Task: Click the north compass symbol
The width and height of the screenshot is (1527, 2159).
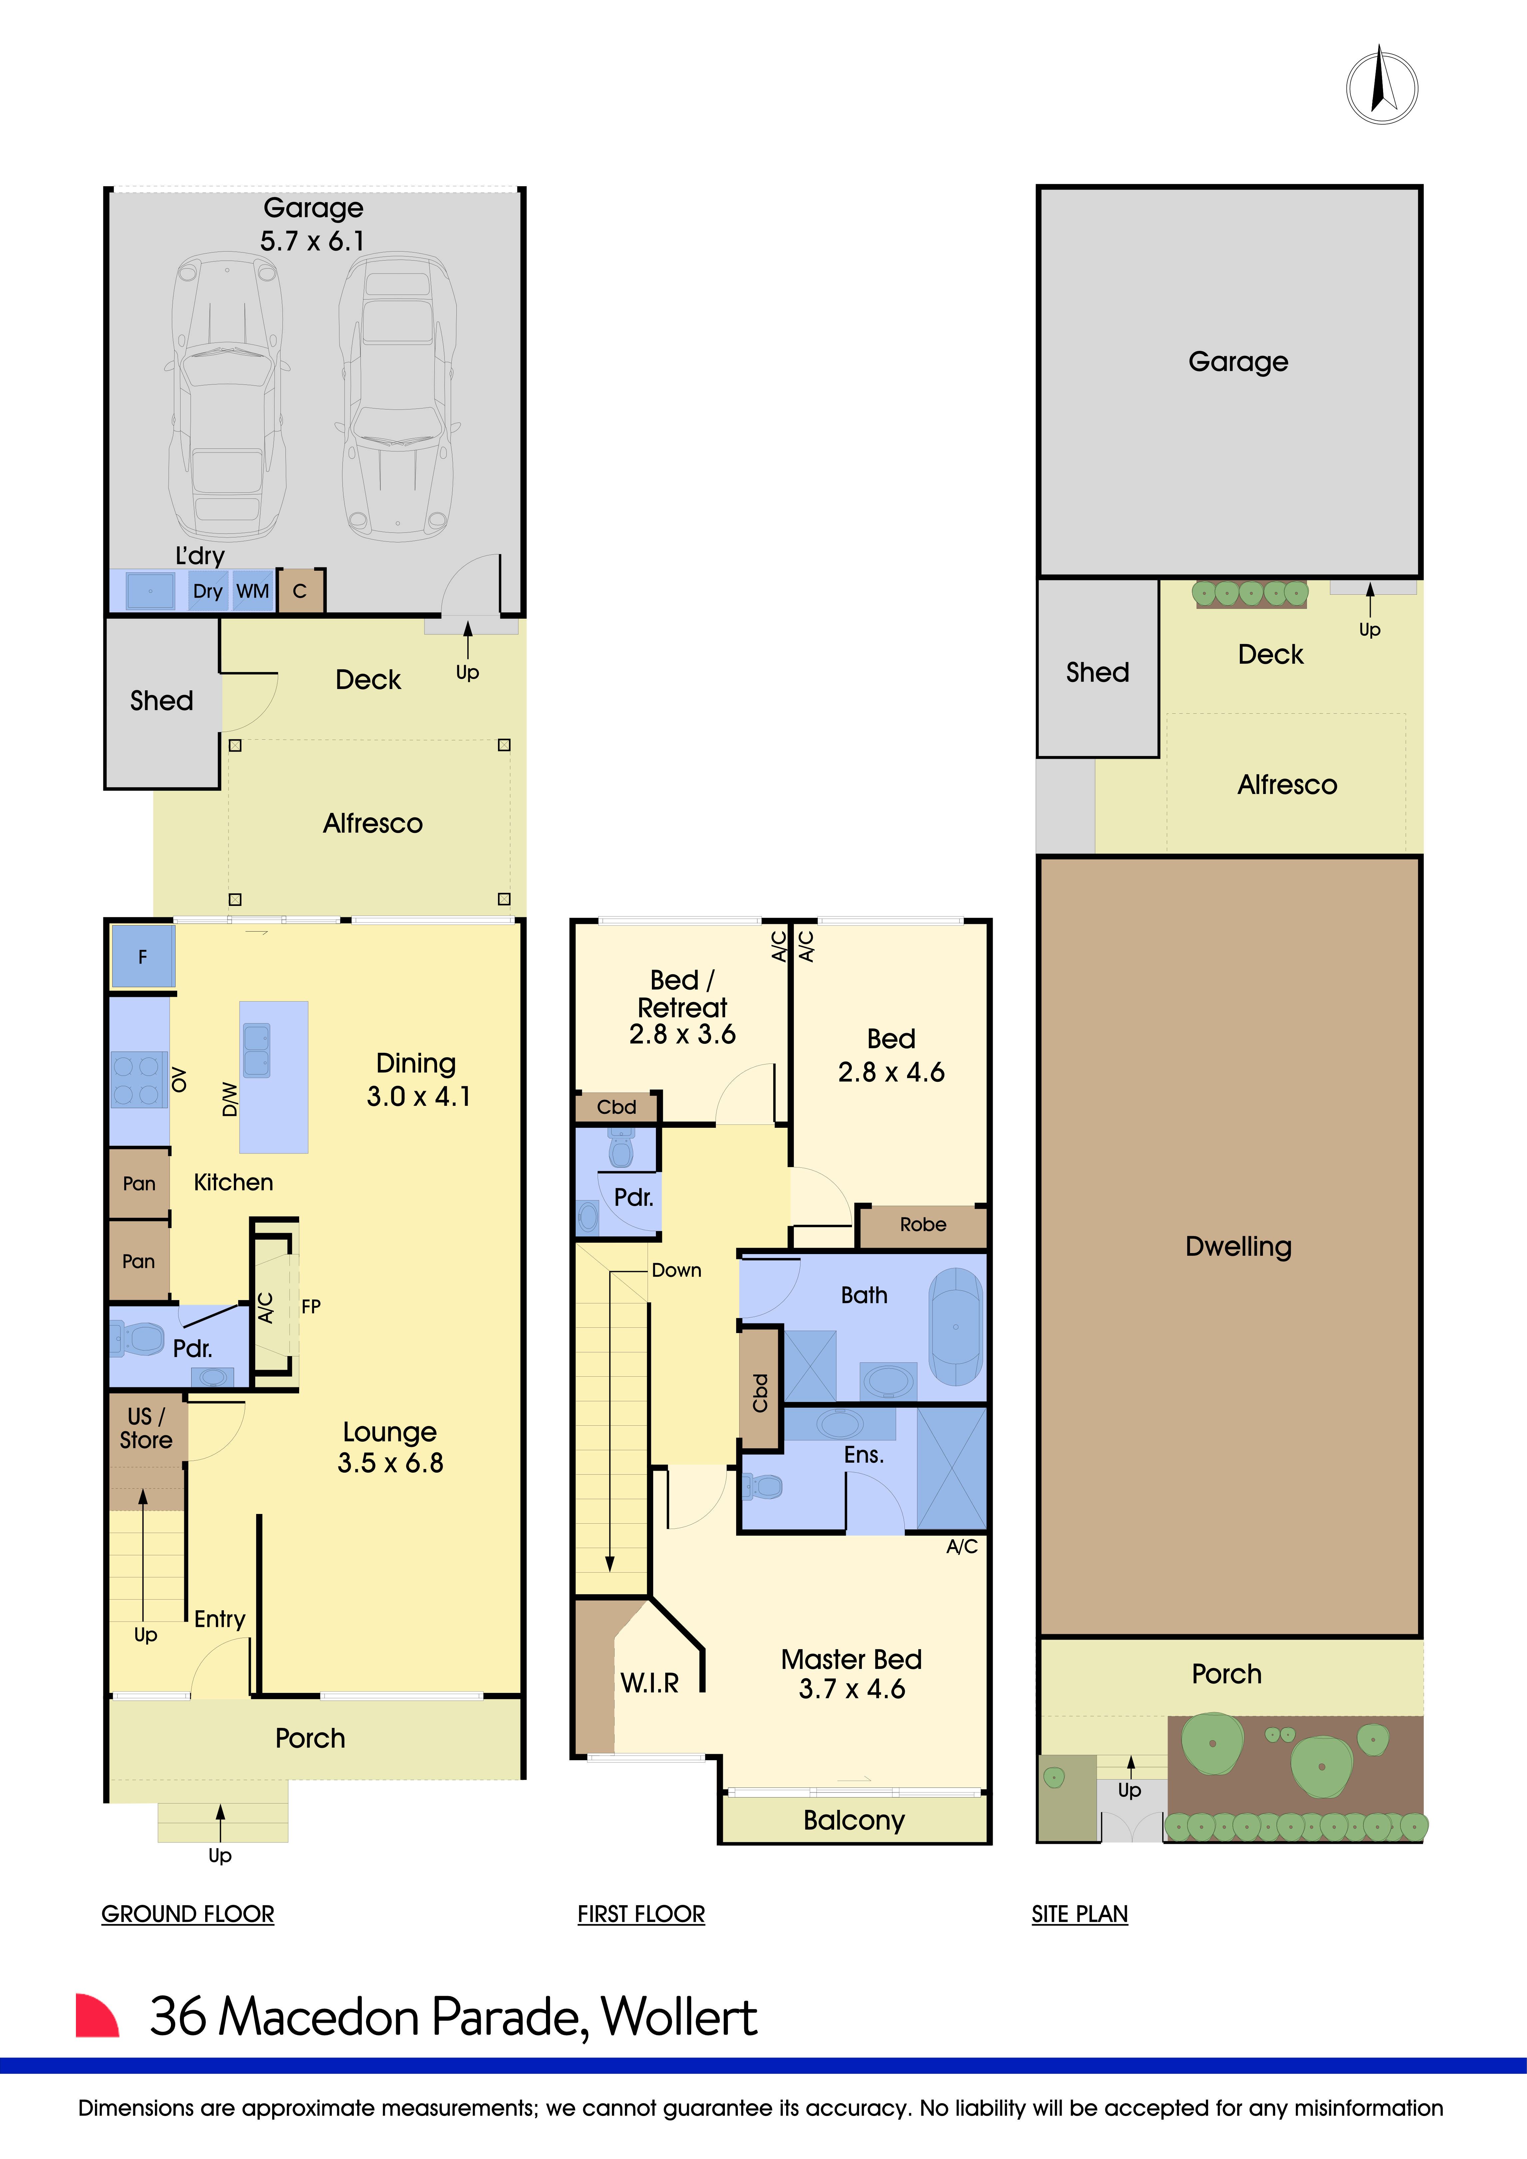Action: (x=1381, y=87)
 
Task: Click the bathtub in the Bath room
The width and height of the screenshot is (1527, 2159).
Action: (x=955, y=1327)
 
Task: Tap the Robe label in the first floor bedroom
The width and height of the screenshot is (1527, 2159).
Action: (x=922, y=1224)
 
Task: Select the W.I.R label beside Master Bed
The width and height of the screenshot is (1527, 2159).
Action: (x=650, y=1682)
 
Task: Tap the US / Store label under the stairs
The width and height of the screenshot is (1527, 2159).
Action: (x=146, y=1427)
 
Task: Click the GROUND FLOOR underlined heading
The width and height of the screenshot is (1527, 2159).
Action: (x=187, y=1913)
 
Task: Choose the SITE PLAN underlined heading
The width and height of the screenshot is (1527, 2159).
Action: (x=1079, y=1913)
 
